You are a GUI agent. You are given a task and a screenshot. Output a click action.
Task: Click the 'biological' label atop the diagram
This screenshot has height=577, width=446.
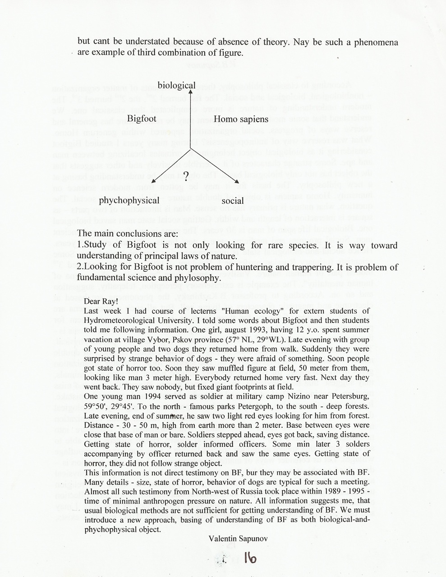[176, 85]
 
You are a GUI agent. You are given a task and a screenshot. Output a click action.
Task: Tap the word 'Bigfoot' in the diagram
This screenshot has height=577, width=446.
[142, 119]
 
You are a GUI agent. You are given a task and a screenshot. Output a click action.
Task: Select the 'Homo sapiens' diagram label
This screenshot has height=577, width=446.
[241, 119]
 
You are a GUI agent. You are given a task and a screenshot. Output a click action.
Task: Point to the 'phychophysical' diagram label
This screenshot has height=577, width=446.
[129, 200]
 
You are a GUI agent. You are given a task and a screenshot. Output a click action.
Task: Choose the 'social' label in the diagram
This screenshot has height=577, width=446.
[233, 201]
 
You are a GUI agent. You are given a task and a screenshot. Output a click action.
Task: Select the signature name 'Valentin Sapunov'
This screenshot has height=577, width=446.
[234, 538]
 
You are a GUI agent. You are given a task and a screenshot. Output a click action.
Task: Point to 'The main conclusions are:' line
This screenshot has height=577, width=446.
[128, 234]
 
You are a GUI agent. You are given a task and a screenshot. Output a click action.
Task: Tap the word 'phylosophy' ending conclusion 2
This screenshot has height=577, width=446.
[199, 277]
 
